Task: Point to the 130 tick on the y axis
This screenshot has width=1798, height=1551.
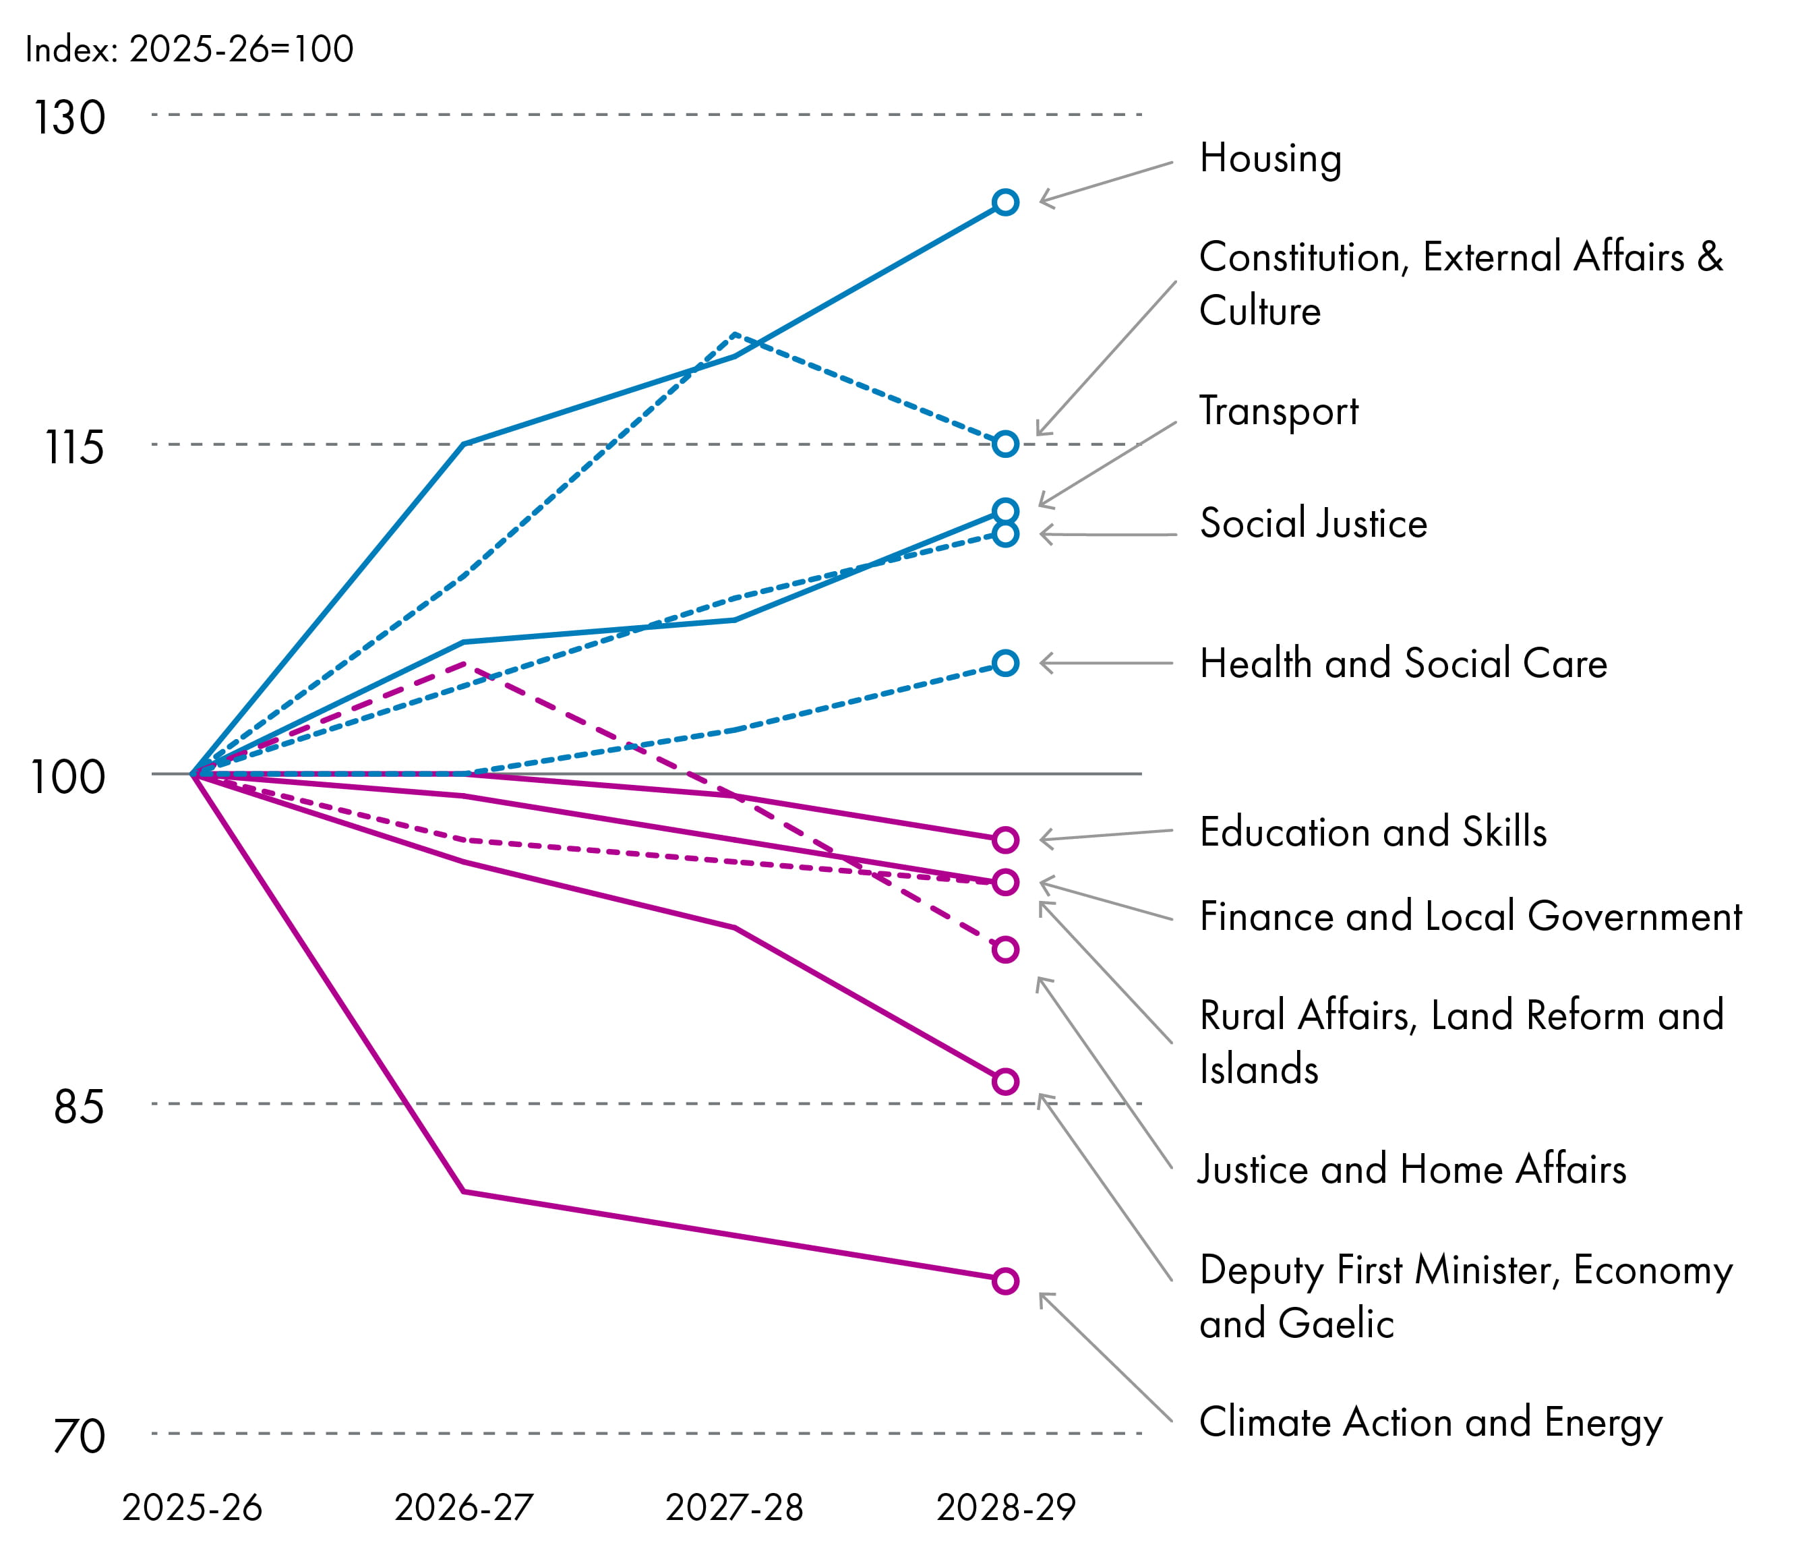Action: click(69, 117)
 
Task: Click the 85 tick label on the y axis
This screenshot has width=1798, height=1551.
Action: click(78, 1107)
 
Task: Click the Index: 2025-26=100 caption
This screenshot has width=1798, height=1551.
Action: click(189, 49)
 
